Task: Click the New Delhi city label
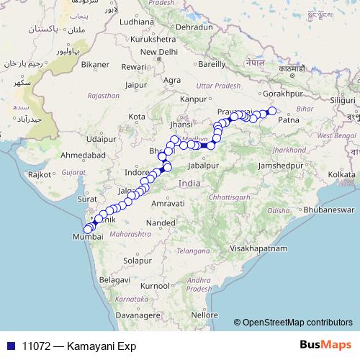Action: coord(159,53)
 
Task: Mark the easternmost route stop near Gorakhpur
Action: coord(272,111)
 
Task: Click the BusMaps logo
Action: coord(330,346)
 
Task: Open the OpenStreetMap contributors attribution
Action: coord(298,323)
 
